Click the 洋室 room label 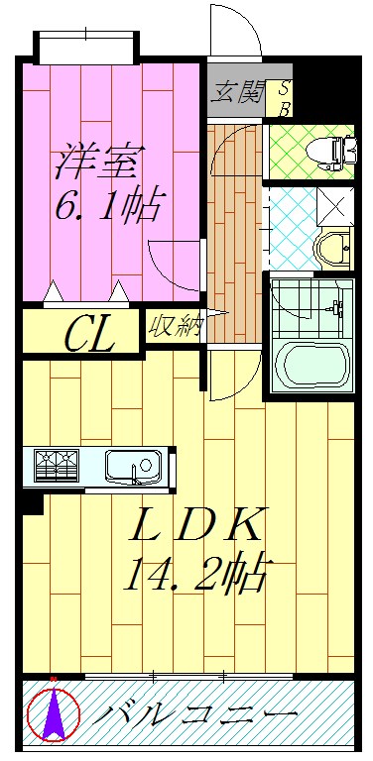point(99,159)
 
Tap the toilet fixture point(328,150)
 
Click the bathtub point(311,367)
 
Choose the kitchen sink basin point(133,465)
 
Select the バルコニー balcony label point(198,713)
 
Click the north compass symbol point(52,713)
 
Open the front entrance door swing point(237,38)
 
